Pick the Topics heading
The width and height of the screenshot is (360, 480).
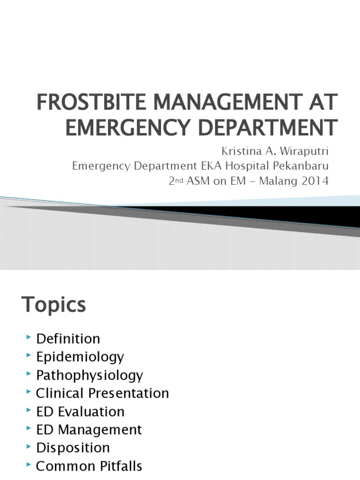pyautogui.click(x=54, y=305)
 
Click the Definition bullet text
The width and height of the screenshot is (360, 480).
pyautogui.click(x=68, y=338)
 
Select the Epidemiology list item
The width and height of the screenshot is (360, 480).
pyautogui.click(x=80, y=357)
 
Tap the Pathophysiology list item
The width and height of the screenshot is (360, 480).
pyautogui.click(x=90, y=375)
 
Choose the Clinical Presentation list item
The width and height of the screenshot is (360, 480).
pyautogui.click(x=102, y=393)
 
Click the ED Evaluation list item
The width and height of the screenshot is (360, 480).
pyautogui.click(x=80, y=412)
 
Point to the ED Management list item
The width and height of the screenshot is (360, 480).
pyautogui.click(x=89, y=429)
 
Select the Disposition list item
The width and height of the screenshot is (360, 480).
pyautogui.click(x=73, y=448)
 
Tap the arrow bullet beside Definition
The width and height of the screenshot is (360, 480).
pyautogui.click(x=30, y=337)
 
